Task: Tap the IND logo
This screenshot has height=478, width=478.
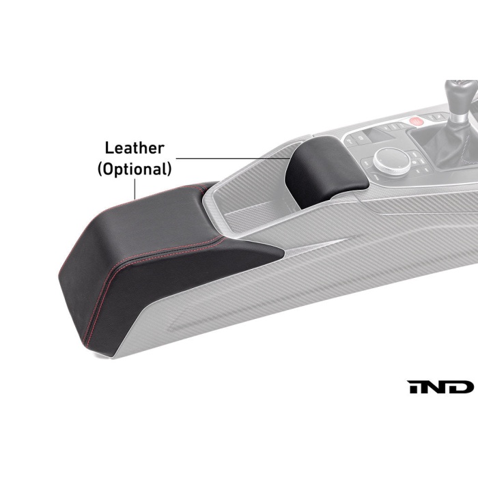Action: coord(441,387)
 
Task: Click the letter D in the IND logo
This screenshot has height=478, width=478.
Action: coord(462,387)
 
